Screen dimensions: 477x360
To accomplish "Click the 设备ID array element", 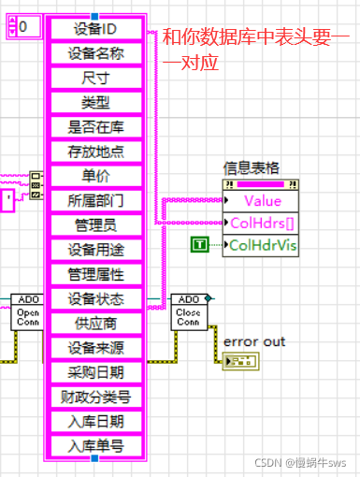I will (x=95, y=29).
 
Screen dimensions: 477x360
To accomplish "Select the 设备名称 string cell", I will (x=95, y=53).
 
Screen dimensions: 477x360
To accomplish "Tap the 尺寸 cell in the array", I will (x=95, y=78).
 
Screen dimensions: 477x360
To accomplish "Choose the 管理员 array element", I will (x=95, y=225).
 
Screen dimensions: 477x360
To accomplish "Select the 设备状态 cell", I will (x=95, y=299).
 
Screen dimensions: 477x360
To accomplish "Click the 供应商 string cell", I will (x=95, y=324).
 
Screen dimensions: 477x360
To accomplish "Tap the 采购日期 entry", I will (x=95, y=372).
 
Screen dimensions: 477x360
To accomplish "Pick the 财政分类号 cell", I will (x=95, y=397).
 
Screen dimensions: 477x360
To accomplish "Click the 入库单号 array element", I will (x=95, y=446).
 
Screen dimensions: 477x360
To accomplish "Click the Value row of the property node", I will (x=261, y=200).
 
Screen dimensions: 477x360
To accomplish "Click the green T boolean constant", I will (x=199, y=245).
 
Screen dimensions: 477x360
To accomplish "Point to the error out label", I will (x=254, y=342).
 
